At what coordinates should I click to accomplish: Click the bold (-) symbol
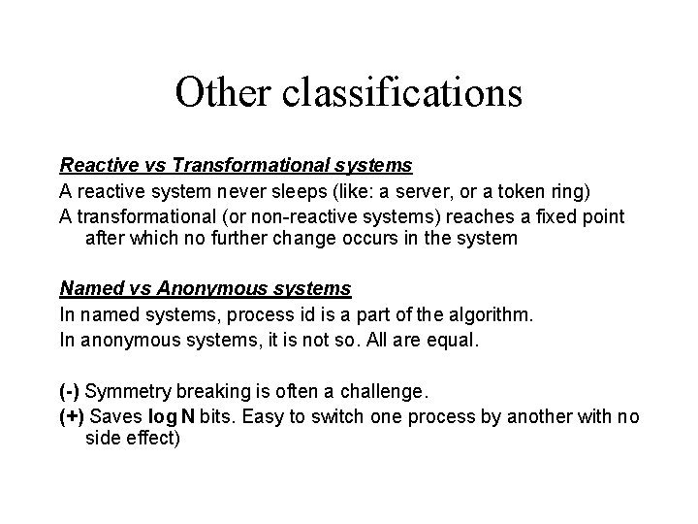[70, 393]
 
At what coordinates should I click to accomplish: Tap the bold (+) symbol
[72, 417]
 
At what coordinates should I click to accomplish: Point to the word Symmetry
[126, 393]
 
